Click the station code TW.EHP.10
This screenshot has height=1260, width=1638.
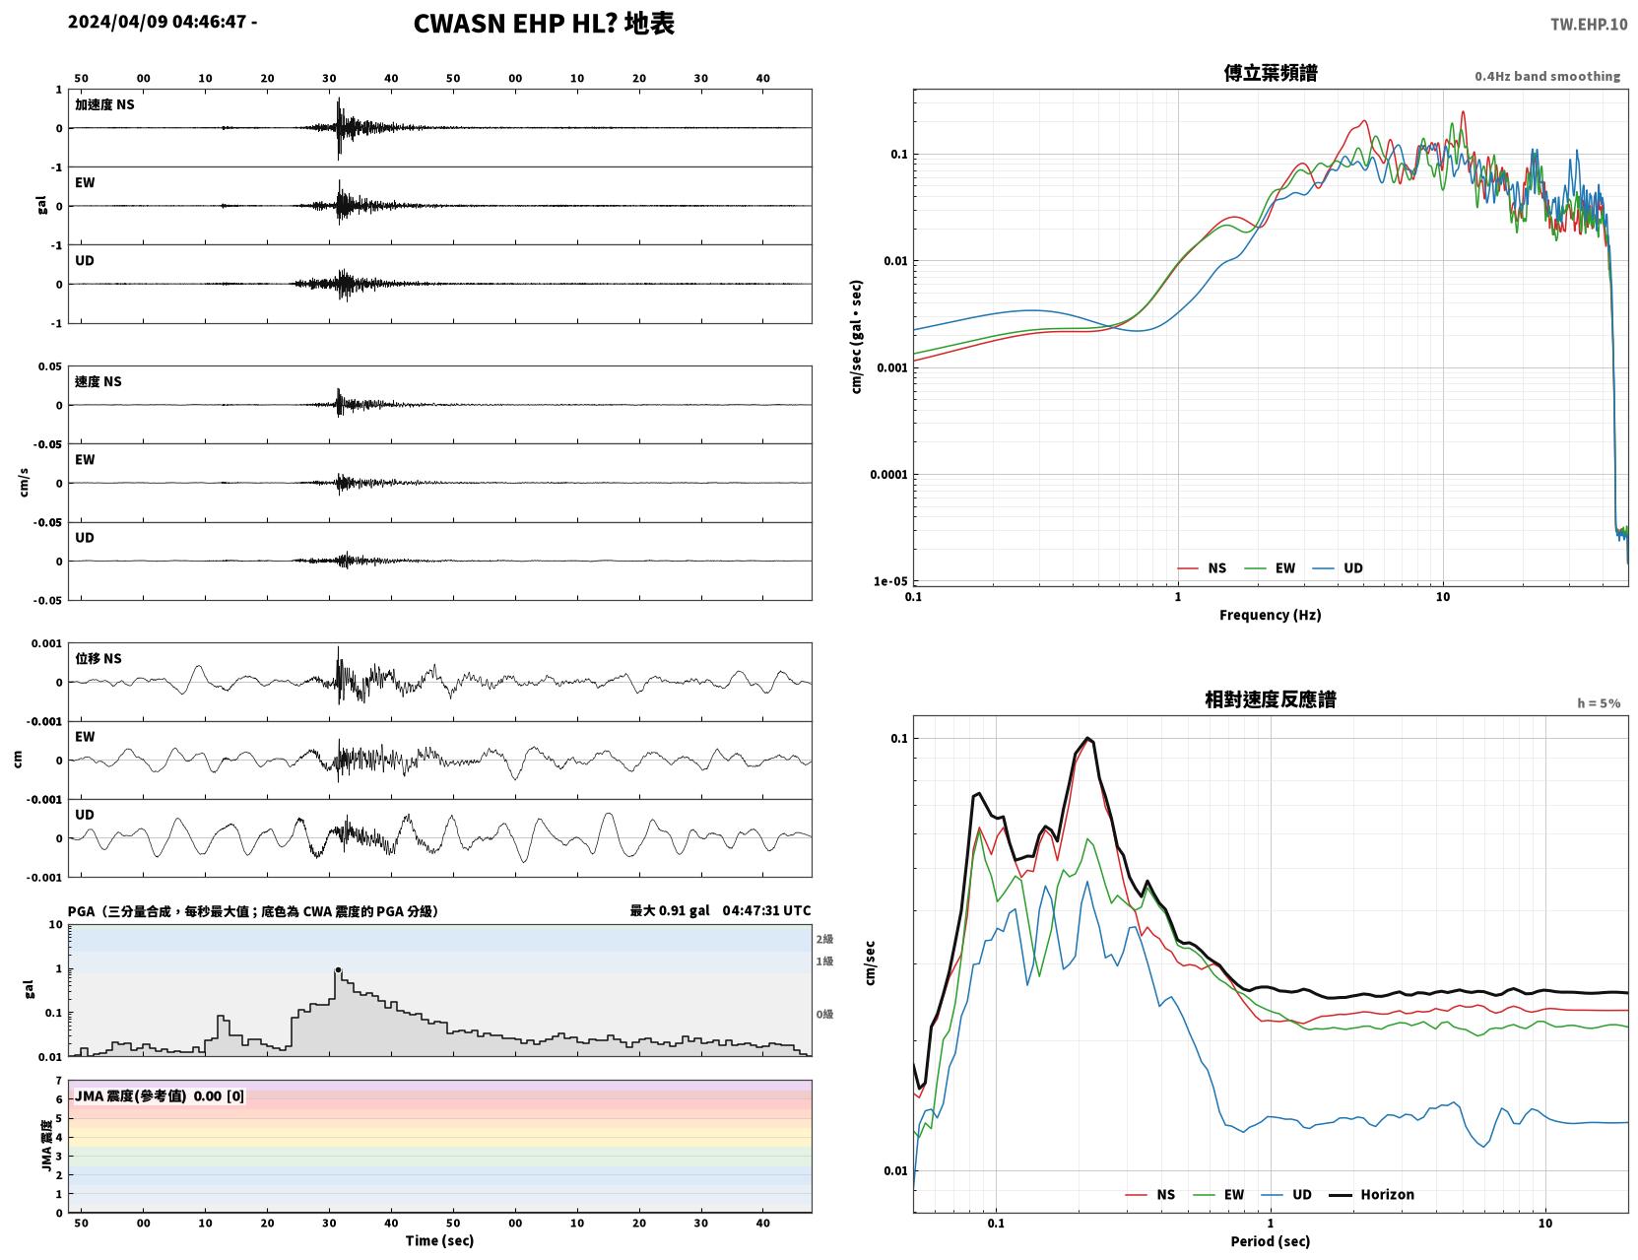tap(1588, 24)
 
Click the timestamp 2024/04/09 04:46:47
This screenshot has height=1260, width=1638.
tap(157, 22)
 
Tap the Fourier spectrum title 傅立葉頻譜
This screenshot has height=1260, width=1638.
tap(1271, 73)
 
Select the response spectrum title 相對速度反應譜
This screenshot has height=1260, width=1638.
tap(1271, 699)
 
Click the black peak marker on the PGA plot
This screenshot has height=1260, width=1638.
tap(338, 969)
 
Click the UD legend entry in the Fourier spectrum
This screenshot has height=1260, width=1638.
tap(1338, 568)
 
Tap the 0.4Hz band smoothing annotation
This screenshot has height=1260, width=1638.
tap(1546, 76)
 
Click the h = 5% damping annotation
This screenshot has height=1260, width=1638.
tap(1598, 703)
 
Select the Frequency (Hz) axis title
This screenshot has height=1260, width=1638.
tap(1271, 615)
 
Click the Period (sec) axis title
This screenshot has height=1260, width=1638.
tap(1271, 1241)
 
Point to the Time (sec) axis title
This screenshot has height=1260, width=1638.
tap(439, 1240)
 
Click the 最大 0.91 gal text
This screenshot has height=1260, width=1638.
tap(670, 910)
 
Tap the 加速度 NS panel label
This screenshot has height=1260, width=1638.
tap(104, 104)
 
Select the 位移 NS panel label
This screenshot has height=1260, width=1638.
tap(98, 659)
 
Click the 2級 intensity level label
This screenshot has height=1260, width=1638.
tap(824, 939)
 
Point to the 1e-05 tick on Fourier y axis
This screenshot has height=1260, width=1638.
tap(890, 581)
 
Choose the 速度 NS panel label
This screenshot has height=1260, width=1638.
tap(98, 382)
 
